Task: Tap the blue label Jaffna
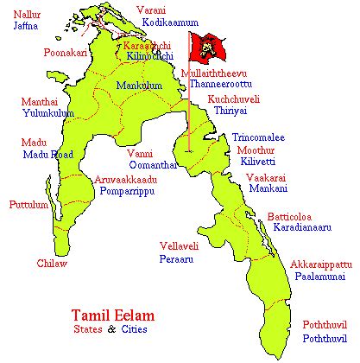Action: click(x=27, y=27)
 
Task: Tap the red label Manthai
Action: click(x=40, y=102)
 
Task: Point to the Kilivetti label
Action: click(x=257, y=162)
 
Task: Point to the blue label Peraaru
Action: click(x=176, y=258)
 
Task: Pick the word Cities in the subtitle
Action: click(x=132, y=329)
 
